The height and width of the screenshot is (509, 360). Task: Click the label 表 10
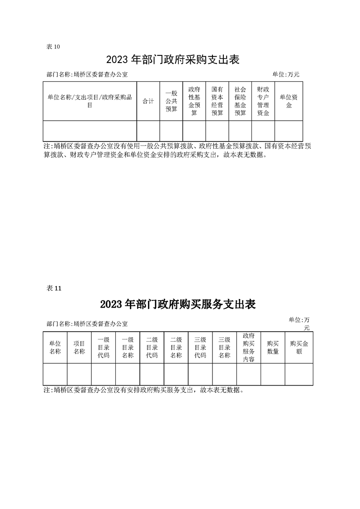pyautogui.click(x=53, y=47)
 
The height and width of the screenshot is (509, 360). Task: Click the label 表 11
pyautogui.click(x=54, y=288)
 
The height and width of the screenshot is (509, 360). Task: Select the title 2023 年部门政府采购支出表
pyautogui.click(x=173, y=60)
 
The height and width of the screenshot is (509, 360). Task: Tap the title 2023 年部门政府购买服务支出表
pyautogui.click(x=178, y=304)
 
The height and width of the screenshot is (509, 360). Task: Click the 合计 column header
pyautogui.click(x=148, y=101)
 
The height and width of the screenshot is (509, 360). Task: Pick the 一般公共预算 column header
pyautogui.click(x=171, y=101)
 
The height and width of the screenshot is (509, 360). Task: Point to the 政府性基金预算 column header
pyautogui.click(x=194, y=101)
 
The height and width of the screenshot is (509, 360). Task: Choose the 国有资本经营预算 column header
pyautogui.click(x=217, y=101)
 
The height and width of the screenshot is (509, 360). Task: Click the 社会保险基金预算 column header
pyautogui.click(x=241, y=101)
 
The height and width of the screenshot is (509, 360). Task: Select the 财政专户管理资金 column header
pyautogui.click(x=263, y=101)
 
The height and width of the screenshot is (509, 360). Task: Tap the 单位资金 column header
pyautogui.click(x=289, y=101)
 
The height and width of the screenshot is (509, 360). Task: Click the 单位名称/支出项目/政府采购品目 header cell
pyautogui.click(x=90, y=101)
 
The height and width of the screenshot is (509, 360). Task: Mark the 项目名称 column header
pyautogui.click(x=79, y=347)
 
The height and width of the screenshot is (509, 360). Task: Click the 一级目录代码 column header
pyautogui.click(x=104, y=347)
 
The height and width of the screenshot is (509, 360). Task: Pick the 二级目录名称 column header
pyautogui.click(x=176, y=347)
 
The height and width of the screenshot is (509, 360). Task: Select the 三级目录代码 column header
pyautogui.click(x=200, y=347)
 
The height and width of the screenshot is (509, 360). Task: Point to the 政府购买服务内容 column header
pyautogui.click(x=249, y=347)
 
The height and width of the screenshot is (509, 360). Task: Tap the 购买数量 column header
pyautogui.click(x=273, y=347)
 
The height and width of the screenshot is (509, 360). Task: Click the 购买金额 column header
pyautogui.click(x=299, y=347)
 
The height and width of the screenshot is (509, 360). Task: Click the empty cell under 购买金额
pyautogui.click(x=299, y=374)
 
